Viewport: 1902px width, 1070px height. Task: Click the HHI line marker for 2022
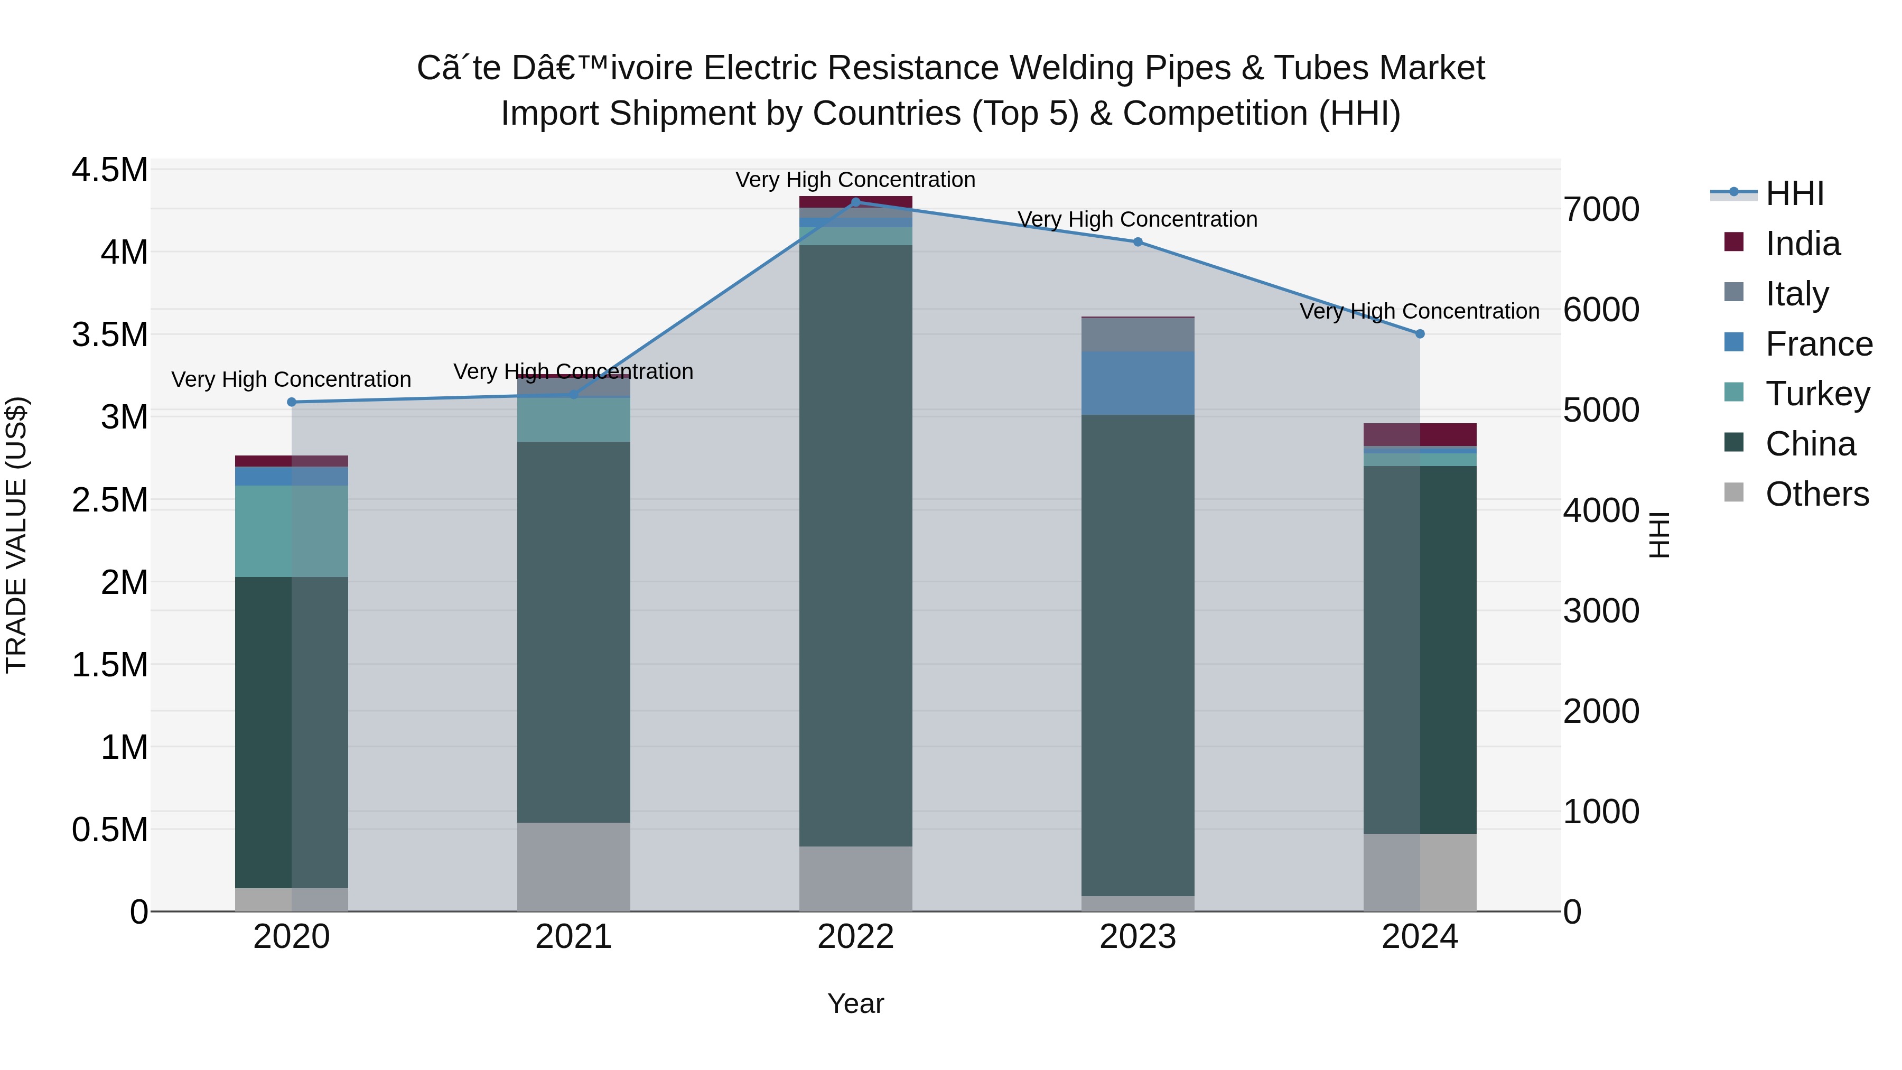pyautogui.click(x=856, y=202)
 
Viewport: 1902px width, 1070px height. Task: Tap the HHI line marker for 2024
pyautogui.click(x=1419, y=334)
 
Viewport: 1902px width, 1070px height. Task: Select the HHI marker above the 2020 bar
pyautogui.click(x=292, y=403)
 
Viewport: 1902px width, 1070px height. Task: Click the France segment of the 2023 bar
pyautogui.click(x=1138, y=383)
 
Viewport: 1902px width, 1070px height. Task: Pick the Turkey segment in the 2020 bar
pyautogui.click(x=292, y=531)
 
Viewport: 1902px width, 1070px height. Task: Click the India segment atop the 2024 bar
pyautogui.click(x=1419, y=434)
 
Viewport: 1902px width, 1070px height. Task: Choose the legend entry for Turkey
pyautogui.click(x=1817, y=394)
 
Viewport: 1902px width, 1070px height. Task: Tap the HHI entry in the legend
pyautogui.click(x=1794, y=193)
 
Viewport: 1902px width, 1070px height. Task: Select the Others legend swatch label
pyautogui.click(x=1816, y=494)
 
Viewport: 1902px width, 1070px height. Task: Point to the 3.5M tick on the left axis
pyautogui.click(x=109, y=334)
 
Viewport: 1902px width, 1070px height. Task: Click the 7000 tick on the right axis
pyautogui.click(x=1601, y=210)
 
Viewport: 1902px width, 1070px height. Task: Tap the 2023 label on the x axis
pyautogui.click(x=1138, y=937)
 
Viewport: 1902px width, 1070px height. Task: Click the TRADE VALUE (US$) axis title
pyautogui.click(x=16, y=535)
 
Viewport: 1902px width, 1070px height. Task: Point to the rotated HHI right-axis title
pyautogui.click(x=1658, y=535)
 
